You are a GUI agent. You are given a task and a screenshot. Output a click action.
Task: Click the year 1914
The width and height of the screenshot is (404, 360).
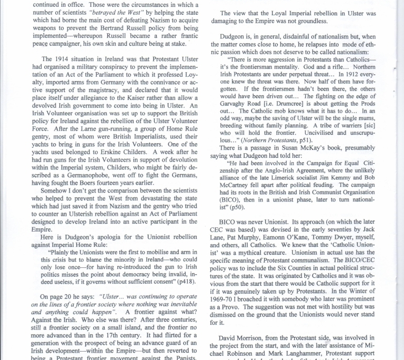click(64, 58)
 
